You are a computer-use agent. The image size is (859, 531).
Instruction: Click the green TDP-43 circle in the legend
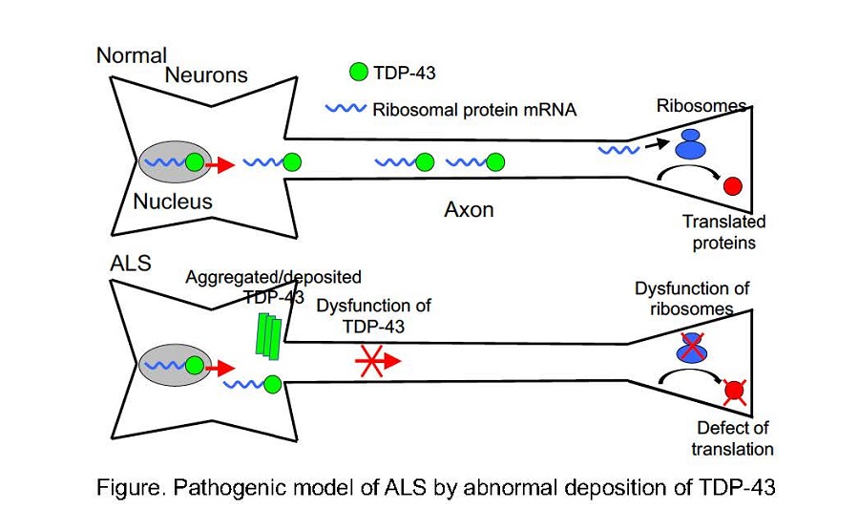point(359,72)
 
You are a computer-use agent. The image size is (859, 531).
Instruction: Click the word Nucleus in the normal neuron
point(173,202)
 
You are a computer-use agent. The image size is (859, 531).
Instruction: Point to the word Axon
point(469,208)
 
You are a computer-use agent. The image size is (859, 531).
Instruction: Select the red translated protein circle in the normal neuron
point(733,185)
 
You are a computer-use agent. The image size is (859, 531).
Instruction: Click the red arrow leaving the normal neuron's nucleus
point(220,164)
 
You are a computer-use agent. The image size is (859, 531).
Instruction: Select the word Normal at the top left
point(132,54)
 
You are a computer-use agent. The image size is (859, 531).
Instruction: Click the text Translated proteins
point(723,232)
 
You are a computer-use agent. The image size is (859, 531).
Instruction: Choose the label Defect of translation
point(733,437)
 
